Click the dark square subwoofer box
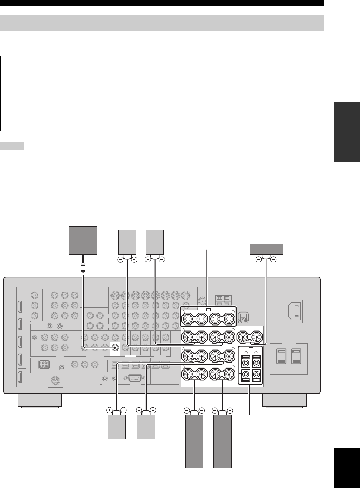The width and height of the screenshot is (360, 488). click(x=84, y=240)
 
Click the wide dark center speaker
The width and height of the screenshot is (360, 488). click(x=266, y=249)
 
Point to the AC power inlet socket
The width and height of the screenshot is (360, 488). click(x=294, y=311)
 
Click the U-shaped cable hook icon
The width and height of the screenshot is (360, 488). click(x=243, y=317)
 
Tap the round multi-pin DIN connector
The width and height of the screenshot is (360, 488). click(x=56, y=381)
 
